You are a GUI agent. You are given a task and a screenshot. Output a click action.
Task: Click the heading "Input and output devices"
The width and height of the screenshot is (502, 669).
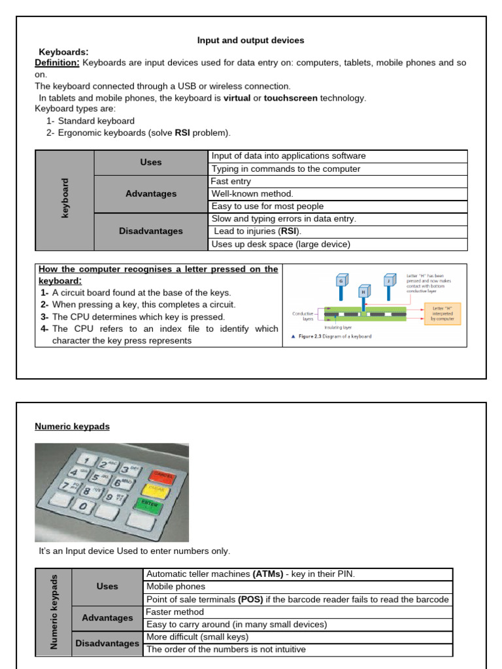coord(250,41)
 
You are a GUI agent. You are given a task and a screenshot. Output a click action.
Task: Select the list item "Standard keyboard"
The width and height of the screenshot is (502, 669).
coord(95,121)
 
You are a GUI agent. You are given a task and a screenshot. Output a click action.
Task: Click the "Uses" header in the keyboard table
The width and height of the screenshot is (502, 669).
coord(151,162)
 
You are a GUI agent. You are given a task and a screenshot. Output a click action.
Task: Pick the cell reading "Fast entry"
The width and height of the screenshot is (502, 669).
coord(231,181)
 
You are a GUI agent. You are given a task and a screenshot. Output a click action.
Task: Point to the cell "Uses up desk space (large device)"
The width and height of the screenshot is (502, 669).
coord(280,244)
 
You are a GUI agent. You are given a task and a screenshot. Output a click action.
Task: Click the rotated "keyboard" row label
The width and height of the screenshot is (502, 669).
coord(65,199)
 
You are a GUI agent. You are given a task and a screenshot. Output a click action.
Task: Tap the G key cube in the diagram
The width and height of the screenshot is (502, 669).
coord(341,282)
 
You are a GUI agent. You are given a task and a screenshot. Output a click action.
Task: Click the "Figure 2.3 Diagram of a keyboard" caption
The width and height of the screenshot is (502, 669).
coord(331,336)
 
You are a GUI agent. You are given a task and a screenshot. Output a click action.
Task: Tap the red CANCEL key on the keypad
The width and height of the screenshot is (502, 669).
coord(161,476)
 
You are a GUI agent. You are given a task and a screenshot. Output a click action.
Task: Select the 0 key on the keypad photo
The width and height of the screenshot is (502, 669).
coord(83,506)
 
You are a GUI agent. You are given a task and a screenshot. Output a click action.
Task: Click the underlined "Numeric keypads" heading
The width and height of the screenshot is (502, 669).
coord(72,427)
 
